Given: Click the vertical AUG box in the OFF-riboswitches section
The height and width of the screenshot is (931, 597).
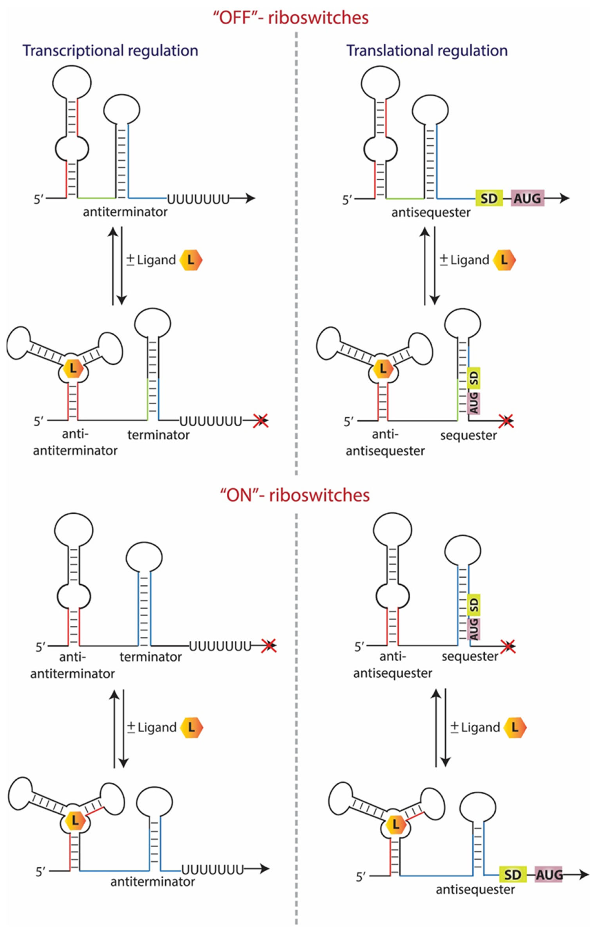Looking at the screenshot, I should pyautogui.click(x=474, y=403).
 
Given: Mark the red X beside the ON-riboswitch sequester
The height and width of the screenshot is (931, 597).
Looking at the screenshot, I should pyautogui.click(x=508, y=646).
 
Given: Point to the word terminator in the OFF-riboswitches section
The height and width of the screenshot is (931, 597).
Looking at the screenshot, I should pyautogui.click(x=158, y=435).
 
